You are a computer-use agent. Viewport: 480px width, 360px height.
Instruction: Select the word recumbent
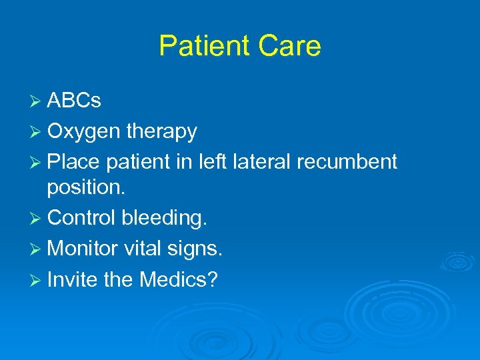pyautogui.click(x=351, y=162)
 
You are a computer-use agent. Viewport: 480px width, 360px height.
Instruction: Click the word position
pyautogui.click(x=86, y=187)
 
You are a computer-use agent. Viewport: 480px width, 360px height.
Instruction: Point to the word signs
pyautogui.click(x=197, y=249)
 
